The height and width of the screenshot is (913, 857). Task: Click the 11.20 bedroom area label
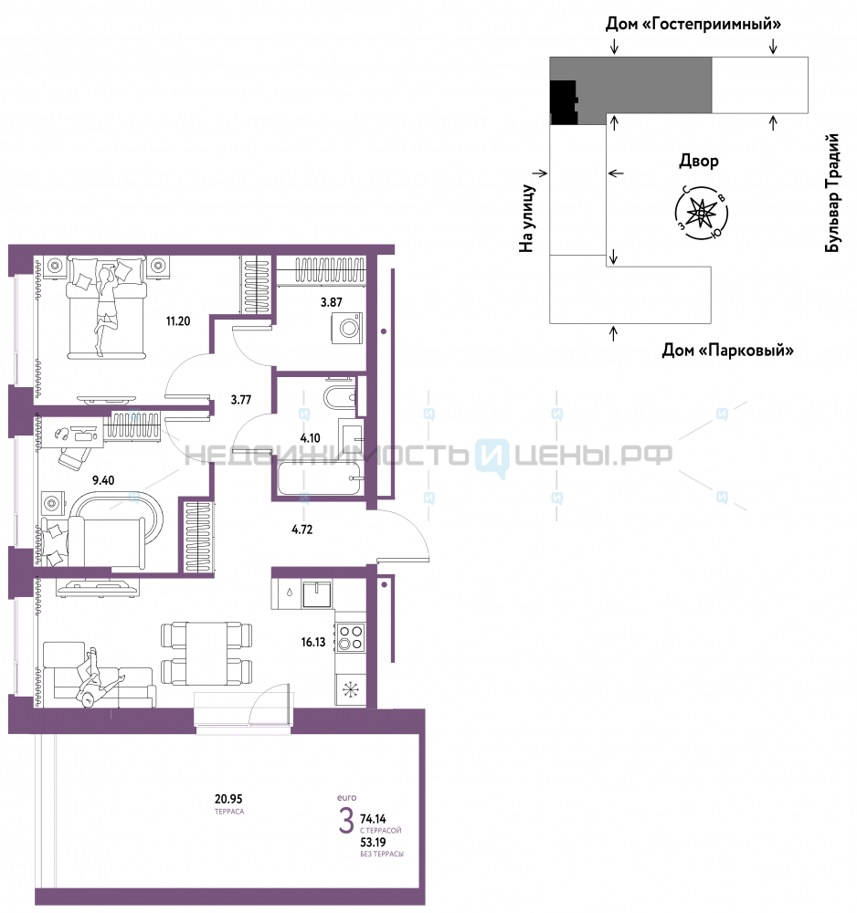click(x=177, y=320)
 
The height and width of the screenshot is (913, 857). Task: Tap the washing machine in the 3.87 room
click(x=347, y=328)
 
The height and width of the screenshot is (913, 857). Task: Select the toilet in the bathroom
click(x=340, y=396)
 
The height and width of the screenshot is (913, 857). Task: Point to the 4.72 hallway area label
click(x=302, y=530)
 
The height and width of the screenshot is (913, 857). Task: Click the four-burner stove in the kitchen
click(x=351, y=637)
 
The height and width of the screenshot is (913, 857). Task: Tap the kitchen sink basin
click(x=317, y=594)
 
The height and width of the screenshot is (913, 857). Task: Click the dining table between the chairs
click(x=206, y=654)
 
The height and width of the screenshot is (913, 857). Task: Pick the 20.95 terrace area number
click(x=228, y=799)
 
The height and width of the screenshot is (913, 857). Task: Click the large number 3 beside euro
click(x=346, y=821)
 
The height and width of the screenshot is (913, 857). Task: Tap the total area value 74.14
click(x=373, y=819)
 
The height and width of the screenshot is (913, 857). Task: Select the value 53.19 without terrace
click(x=373, y=842)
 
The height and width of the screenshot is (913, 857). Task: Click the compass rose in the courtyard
click(x=702, y=213)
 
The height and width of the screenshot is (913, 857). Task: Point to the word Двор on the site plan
click(x=699, y=161)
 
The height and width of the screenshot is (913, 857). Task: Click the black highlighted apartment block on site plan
click(x=564, y=102)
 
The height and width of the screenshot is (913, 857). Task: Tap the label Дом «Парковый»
click(x=727, y=350)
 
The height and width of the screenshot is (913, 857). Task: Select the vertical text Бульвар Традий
click(x=832, y=193)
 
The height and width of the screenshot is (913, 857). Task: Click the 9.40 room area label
click(x=103, y=480)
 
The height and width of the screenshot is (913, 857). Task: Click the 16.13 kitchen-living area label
click(x=312, y=642)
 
